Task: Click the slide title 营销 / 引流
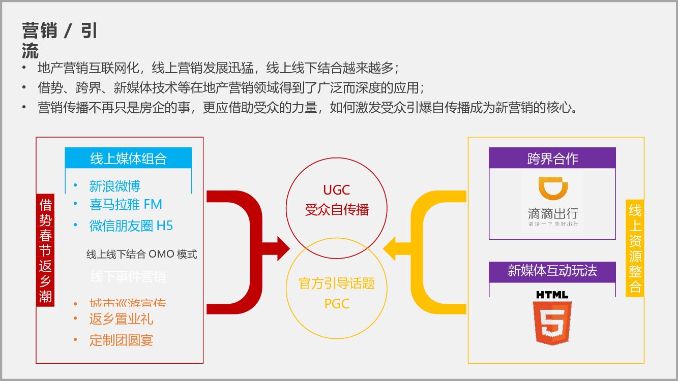tap(60, 40)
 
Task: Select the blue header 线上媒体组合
tap(128, 158)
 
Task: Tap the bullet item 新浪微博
tap(114, 186)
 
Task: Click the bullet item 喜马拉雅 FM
tap(125, 205)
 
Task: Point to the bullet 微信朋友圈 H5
tap(131, 226)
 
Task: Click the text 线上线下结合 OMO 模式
tap(141, 255)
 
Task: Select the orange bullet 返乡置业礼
tap(121, 319)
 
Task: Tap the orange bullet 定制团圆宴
tap(121, 340)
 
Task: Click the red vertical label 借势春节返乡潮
tap(46, 250)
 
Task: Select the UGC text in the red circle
tap(337, 190)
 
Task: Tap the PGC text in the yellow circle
tap(337, 304)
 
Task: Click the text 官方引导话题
tap(337, 283)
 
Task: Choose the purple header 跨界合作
tap(552, 158)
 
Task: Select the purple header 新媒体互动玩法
tap(552, 271)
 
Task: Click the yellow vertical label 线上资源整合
tap(635, 248)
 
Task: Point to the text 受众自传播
tap(337, 209)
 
